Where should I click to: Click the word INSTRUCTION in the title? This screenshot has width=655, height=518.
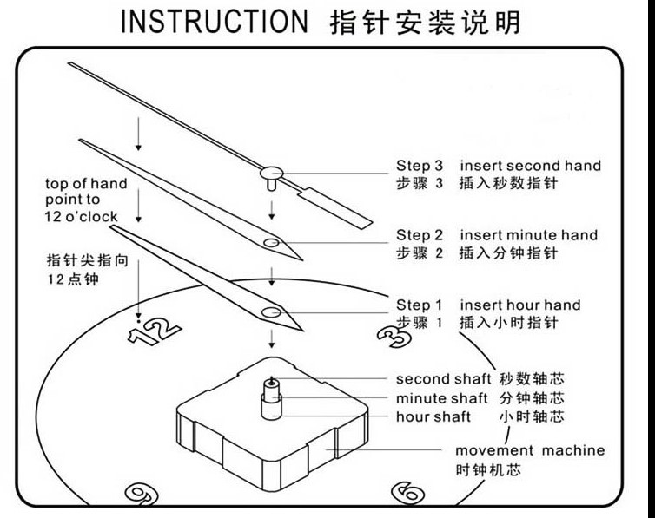213,22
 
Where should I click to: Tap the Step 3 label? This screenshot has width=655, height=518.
420,166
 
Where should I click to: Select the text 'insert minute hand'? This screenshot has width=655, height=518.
528,235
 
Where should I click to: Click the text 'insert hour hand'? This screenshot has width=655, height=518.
519,305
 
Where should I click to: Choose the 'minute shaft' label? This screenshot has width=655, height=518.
441,398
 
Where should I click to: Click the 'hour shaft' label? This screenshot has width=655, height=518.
433,417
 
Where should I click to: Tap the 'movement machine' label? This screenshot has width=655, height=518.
529,451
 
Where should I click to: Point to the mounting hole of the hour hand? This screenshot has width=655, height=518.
272,311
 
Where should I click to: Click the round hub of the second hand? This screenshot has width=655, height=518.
271,173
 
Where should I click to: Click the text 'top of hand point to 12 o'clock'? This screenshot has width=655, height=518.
86,200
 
